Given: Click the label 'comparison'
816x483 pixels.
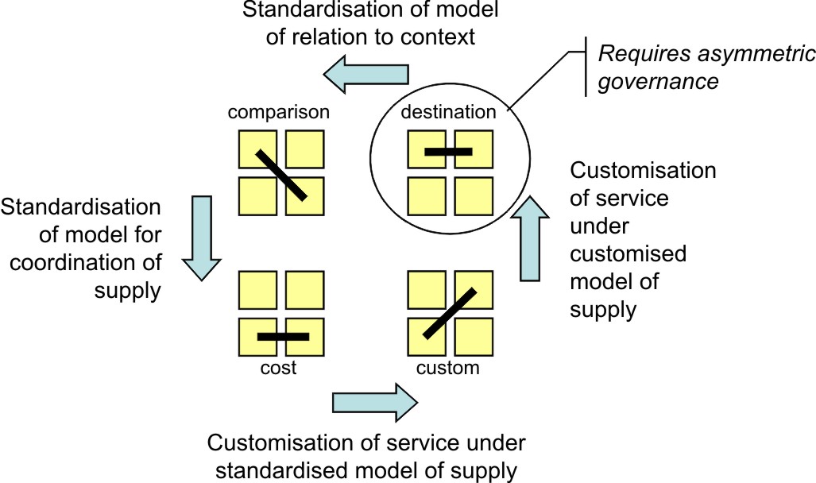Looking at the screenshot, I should click(x=278, y=112).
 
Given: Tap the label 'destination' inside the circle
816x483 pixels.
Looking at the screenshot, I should click(x=448, y=112).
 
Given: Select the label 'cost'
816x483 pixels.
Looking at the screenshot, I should click(x=277, y=368).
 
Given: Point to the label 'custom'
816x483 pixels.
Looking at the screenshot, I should click(x=448, y=368).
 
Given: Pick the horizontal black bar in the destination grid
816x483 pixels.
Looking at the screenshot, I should click(x=449, y=150).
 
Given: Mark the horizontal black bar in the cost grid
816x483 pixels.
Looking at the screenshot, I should click(x=283, y=337).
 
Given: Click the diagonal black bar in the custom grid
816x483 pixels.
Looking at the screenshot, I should click(x=450, y=313).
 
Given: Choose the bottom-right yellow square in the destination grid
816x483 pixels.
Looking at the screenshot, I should click(x=474, y=197).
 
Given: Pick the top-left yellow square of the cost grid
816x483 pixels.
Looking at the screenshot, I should click(x=258, y=291).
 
